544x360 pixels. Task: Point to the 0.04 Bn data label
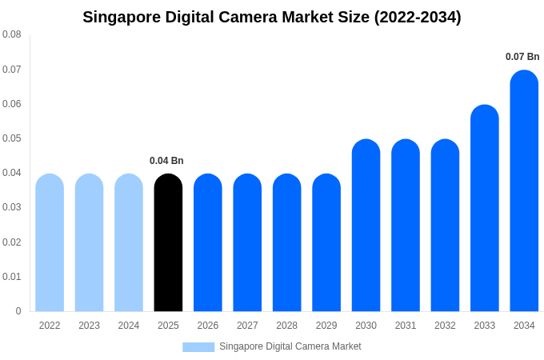pos(166,161)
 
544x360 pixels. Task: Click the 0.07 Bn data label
pos(522,57)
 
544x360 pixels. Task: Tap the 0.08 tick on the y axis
pos(12,34)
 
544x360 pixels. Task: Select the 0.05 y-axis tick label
pos(12,138)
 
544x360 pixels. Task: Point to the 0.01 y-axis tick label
pos(12,277)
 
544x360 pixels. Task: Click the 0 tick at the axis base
pos(18,311)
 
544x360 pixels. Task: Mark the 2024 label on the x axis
pos(129,326)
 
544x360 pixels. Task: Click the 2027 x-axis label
pos(247,326)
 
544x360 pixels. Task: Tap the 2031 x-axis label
pos(406,326)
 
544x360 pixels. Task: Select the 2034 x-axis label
pos(524,326)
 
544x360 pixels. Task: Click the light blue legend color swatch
pos(198,346)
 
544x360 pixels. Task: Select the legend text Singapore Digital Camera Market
pos(290,346)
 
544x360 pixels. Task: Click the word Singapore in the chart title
pos(120,17)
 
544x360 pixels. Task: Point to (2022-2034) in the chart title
pos(418,17)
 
